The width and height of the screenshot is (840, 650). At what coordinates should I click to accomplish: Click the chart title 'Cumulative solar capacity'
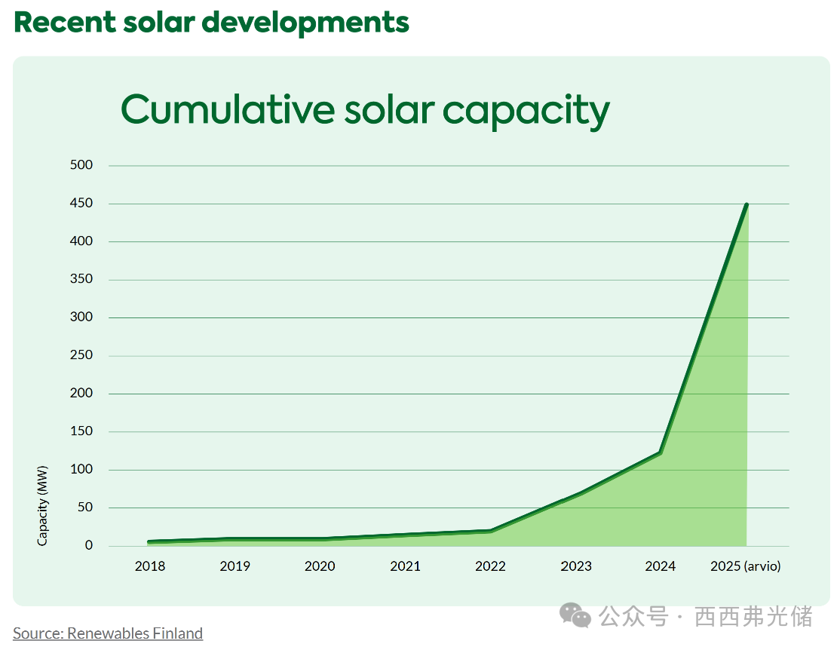coord(365,110)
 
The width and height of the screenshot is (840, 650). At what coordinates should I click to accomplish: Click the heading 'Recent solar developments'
coord(211,22)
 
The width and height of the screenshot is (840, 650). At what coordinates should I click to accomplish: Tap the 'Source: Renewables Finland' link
coord(108,633)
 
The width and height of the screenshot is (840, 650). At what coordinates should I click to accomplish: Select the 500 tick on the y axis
coord(81,165)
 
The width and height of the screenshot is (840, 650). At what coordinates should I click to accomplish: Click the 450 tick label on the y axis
coord(81,204)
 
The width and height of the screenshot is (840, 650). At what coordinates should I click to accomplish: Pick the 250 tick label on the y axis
coord(81,355)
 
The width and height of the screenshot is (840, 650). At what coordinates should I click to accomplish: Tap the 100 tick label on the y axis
coord(81,469)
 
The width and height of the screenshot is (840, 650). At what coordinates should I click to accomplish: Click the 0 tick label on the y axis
coord(88,545)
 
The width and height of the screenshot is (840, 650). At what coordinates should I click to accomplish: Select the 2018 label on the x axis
coord(149,566)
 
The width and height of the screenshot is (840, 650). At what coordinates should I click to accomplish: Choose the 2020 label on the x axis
coord(320,566)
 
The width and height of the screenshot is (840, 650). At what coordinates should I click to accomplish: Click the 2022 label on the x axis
coord(490,566)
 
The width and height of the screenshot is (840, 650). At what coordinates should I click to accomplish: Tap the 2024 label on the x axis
coord(661,566)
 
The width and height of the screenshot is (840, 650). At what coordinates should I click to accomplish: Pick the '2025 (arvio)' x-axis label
coord(746,566)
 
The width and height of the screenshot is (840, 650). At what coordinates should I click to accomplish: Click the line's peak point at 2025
coord(746,204)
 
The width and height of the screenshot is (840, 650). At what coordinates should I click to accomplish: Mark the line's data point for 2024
coord(661,452)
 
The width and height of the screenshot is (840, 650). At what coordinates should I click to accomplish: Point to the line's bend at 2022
coord(491,531)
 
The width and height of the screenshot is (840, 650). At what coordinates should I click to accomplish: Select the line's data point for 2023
coord(576,494)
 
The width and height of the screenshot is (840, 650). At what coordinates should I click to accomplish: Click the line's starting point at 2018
coord(149,542)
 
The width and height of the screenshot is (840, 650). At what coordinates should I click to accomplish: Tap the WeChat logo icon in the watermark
coord(575,615)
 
